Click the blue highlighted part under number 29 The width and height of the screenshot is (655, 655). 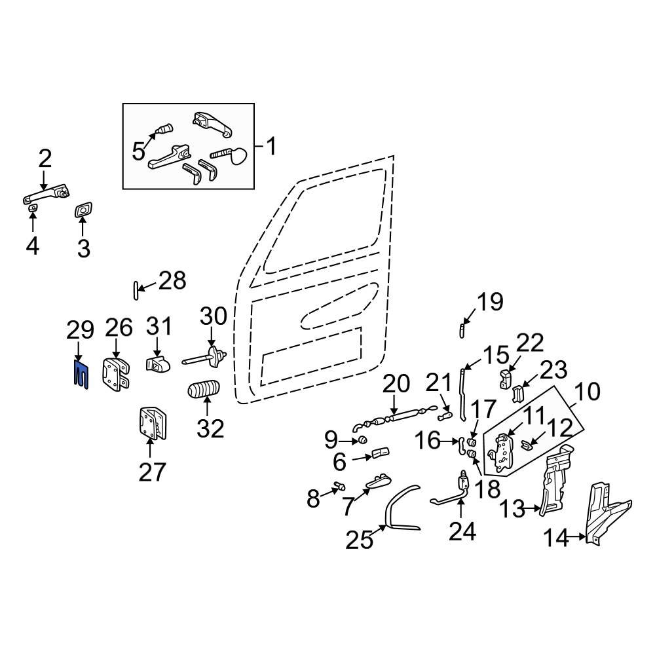pyautogui.click(x=80, y=373)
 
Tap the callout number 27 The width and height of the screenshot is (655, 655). pyautogui.click(x=152, y=472)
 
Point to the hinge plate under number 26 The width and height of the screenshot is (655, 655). pyautogui.click(x=116, y=375)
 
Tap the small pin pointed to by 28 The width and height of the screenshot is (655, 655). pyautogui.click(x=135, y=289)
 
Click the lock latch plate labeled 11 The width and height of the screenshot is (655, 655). pyautogui.click(x=503, y=452)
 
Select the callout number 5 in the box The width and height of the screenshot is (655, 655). pyautogui.click(x=138, y=151)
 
